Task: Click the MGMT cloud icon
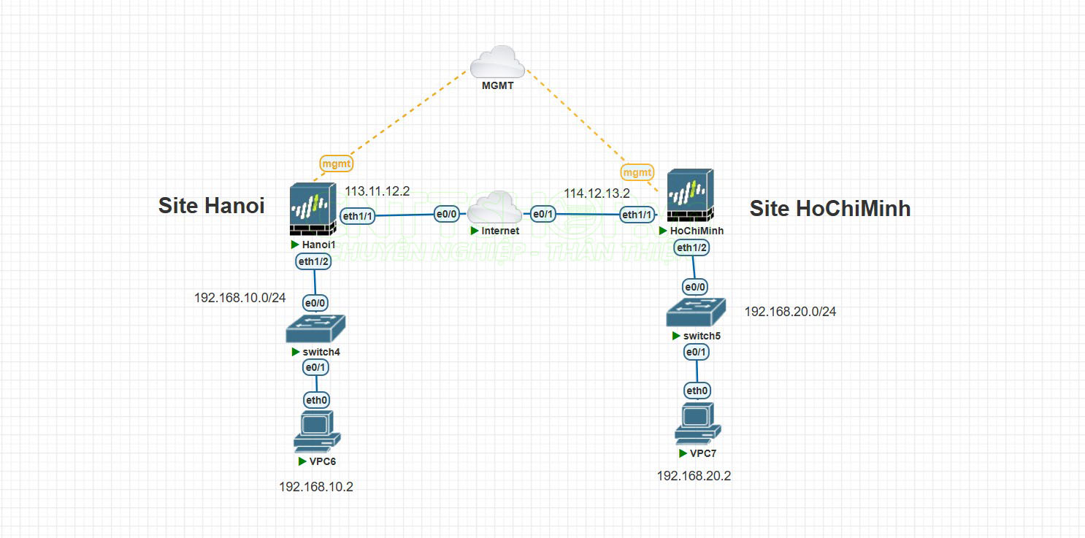tap(497, 62)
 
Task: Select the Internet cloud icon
tap(495, 208)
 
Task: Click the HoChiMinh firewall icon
tap(690, 197)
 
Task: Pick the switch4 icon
tap(315, 328)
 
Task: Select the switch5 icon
tap(697, 312)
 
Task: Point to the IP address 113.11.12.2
tap(377, 191)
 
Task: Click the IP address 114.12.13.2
tap(597, 193)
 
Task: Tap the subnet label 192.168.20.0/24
tap(790, 312)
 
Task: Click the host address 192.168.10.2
tap(315, 486)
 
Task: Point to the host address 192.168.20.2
tap(694, 476)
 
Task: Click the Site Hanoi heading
tap(211, 206)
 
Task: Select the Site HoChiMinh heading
tap(830, 209)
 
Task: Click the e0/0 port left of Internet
tap(446, 215)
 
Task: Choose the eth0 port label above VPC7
tap(697, 391)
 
